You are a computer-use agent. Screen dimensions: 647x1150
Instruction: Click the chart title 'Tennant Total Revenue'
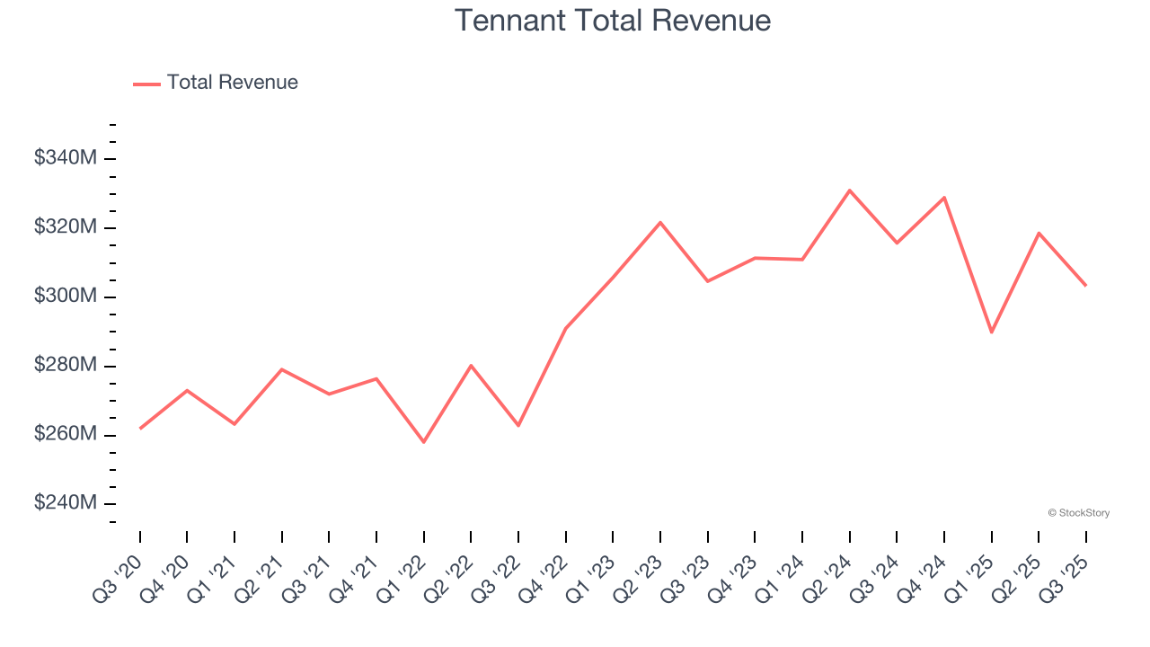coord(613,21)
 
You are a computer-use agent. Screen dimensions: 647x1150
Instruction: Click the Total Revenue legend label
coord(232,83)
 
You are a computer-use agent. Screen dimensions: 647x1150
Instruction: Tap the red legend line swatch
coord(146,84)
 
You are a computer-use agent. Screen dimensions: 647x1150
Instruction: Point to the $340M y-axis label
coord(66,158)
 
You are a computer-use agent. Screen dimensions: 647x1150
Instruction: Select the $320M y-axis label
coord(66,227)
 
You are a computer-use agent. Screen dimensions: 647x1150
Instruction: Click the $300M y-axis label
coord(66,297)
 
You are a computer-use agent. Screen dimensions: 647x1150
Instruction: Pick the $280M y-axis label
coord(66,366)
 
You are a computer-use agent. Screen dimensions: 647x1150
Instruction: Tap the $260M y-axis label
coord(66,434)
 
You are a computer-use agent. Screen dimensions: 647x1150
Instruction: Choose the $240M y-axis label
coord(66,503)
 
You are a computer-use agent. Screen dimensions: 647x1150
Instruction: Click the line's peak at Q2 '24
coord(849,191)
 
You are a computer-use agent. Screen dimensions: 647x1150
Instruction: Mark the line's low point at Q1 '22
coord(424,442)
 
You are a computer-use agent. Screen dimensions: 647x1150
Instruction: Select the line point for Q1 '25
coord(991,332)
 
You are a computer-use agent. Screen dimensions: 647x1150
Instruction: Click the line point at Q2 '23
coord(660,222)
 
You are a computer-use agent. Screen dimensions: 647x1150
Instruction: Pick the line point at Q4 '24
coord(944,197)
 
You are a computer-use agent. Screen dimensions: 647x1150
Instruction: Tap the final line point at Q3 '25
coord(1085,285)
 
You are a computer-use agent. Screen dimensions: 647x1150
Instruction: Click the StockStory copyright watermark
coord(1079,513)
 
